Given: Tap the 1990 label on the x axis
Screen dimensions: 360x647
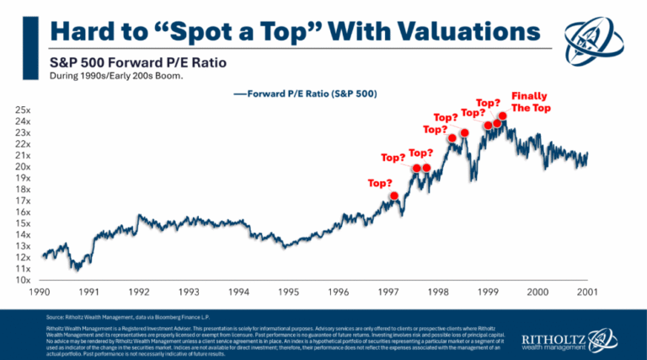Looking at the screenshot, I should tap(40, 292).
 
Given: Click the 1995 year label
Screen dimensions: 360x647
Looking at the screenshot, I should tap(289, 292).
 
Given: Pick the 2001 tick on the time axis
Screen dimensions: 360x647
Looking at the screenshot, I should tap(587, 292).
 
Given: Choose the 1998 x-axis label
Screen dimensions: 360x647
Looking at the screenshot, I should tap(438, 292).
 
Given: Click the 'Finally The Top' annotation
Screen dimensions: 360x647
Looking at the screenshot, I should tap(531, 102).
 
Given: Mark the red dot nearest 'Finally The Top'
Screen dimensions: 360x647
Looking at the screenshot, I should tap(503, 116).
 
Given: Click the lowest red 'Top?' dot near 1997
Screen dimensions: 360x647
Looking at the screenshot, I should tap(393, 196).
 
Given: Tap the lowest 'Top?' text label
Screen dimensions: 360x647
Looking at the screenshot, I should tap(381, 182).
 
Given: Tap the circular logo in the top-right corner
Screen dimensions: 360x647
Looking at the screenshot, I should tap(596, 38).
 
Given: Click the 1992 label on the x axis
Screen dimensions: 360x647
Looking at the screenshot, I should tap(140, 292).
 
